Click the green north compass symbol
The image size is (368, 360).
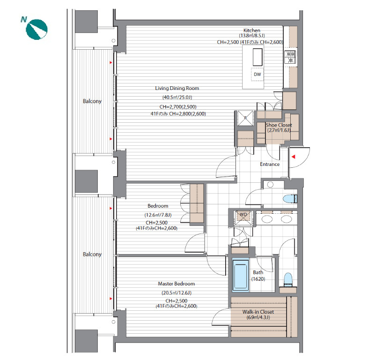(x=37, y=29)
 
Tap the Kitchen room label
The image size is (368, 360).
(x=251, y=30)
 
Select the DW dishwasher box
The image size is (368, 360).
(x=257, y=75)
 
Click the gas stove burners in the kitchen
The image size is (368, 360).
(x=290, y=57)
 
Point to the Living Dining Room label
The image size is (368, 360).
(x=177, y=88)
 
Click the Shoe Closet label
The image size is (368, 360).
(x=279, y=125)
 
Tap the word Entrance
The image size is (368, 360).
(x=270, y=164)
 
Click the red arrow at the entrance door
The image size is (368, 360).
(x=293, y=157)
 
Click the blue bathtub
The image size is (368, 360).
(x=241, y=275)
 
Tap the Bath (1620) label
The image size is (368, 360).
(x=258, y=276)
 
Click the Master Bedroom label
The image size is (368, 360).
(x=176, y=284)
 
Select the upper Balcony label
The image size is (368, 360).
(x=92, y=101)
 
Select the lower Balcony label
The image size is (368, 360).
(x=92, y=254)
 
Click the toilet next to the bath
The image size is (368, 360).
(x=288, y=280)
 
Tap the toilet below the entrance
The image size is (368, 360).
(x=290, y=199)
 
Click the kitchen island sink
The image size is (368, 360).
(x=258, y=57)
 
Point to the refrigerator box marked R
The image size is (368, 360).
(x=245, y=118)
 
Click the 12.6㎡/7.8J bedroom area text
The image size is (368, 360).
(x=158, y=215)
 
